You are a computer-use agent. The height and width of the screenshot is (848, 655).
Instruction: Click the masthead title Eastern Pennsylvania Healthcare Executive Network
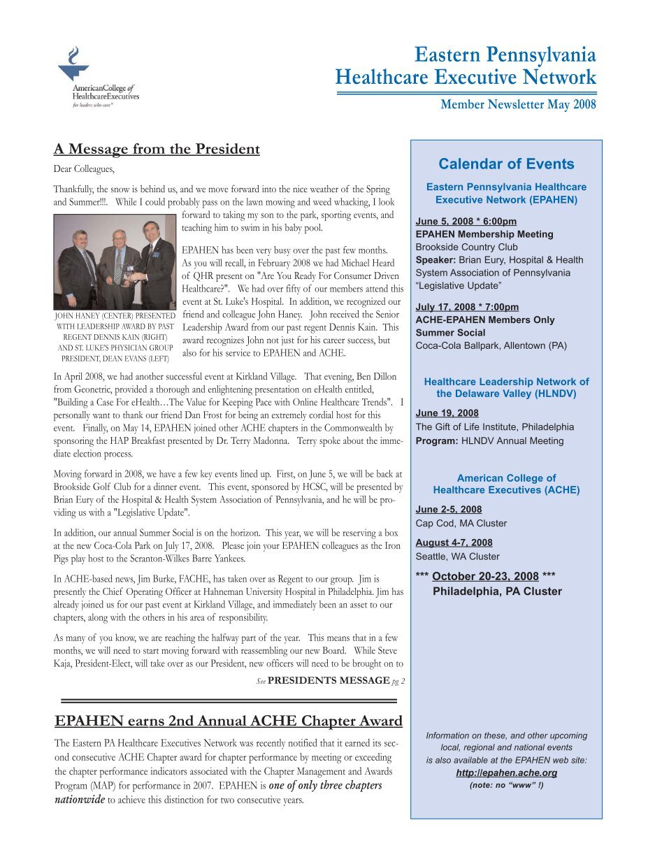[x=466, y=65]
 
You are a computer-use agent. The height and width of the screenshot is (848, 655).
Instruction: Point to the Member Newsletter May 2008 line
[x=517, y=105]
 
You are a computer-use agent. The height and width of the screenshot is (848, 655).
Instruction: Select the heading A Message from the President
[x=157, y=149]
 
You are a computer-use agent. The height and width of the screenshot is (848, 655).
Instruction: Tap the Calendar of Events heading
[x=506, y=164]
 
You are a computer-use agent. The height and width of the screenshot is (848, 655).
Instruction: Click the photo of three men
[x=115, y=261]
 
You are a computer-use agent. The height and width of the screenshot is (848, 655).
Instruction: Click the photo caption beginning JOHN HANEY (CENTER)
[x=115, y=337]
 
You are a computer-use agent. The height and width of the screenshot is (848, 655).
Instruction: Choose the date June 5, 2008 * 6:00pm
[x=466, y=222]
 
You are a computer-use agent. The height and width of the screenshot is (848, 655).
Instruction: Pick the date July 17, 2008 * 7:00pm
[x=467, y=307]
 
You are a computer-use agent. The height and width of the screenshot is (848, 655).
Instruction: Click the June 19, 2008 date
[x=447, y=413]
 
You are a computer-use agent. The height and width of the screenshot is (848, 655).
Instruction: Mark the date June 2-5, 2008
[x=448, y=510]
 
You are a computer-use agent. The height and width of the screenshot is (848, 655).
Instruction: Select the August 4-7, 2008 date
[x=454, y=542]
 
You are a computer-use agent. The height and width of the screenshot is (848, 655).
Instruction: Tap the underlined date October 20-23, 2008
[x=485, y=577]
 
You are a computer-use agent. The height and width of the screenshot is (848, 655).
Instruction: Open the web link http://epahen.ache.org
[x=506, y=772]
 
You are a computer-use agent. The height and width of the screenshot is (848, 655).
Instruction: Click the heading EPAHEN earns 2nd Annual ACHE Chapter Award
[x=228, y=721]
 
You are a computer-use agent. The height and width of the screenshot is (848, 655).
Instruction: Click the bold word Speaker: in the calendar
[x=433, y=260]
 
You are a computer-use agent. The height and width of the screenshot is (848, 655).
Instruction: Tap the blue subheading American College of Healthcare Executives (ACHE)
[x=506, y=484]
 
